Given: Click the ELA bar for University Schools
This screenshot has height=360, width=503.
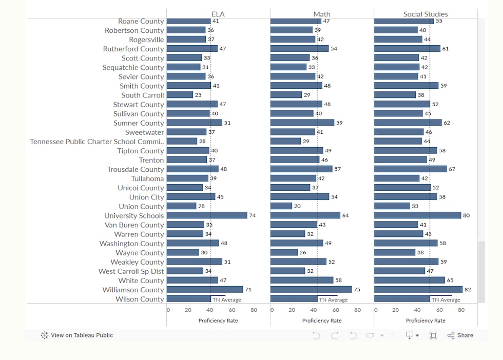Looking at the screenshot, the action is coord(207,215).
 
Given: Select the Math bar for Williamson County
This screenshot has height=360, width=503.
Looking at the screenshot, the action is coord(311,289).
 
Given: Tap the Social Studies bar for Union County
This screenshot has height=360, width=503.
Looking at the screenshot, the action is coord(392,206).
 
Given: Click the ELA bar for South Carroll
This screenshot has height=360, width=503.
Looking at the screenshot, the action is coord(180,95).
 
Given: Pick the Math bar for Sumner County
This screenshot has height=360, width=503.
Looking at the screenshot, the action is coord(302,123).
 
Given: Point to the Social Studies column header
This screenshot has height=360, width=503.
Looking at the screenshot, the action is coord(425,14).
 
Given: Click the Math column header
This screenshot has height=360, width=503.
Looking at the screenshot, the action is coord(322,14).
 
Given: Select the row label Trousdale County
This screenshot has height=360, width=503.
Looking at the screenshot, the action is coord(136,169).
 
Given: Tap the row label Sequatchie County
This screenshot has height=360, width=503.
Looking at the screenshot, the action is coord(133,68).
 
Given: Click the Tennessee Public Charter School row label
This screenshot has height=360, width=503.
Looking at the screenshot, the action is coord(97,142).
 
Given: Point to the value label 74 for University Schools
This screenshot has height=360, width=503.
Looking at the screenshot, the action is coord(253,215).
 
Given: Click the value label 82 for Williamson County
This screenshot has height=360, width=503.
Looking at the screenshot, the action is coord(468,289).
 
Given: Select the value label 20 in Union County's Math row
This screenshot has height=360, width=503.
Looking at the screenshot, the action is coord(297,206).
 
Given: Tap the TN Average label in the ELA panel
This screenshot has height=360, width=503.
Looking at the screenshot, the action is coord(227,299).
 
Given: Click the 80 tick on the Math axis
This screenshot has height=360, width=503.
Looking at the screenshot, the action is coord(357,310).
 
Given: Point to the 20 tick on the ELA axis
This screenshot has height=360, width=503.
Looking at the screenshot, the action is coord(188,310).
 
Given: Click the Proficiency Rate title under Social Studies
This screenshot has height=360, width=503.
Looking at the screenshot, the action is coord(425,321).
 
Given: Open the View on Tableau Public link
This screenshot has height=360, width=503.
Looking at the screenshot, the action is coord(77,335).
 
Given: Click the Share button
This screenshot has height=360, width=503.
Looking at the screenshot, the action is coord(460,335).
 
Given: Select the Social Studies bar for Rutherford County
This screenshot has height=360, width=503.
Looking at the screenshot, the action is coord(407,48).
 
